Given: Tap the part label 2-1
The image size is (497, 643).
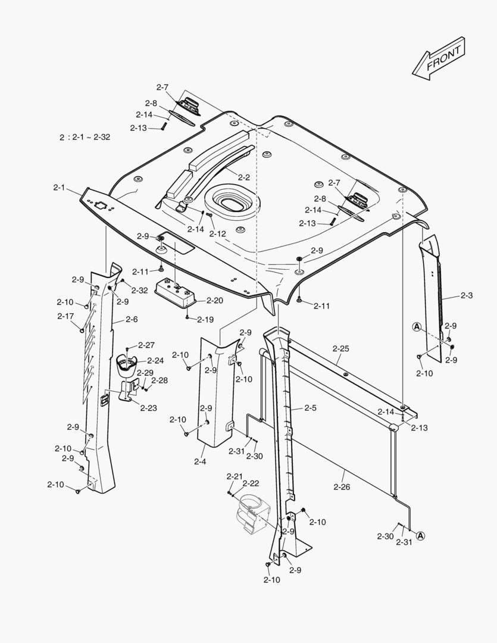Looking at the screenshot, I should (58, 188).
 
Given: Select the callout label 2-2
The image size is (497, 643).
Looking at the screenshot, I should (243, 177).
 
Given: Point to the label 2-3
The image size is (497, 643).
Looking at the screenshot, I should (467, 296).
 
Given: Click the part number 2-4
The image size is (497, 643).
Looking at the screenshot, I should (199, 461).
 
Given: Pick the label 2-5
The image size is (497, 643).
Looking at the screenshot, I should (310, 408).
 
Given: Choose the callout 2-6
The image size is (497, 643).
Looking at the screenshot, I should (132, 320).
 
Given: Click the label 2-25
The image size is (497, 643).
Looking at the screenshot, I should (340, 348).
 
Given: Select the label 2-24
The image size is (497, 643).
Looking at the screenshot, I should (155, 361).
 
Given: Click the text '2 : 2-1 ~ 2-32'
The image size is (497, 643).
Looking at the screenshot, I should (85, 137).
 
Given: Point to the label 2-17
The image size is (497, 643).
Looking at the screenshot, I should (65, 316).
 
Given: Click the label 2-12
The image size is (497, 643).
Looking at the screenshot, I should (217, 234).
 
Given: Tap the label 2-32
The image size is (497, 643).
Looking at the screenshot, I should (140, 291).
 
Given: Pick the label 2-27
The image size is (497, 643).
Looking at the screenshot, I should (146, 345).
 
